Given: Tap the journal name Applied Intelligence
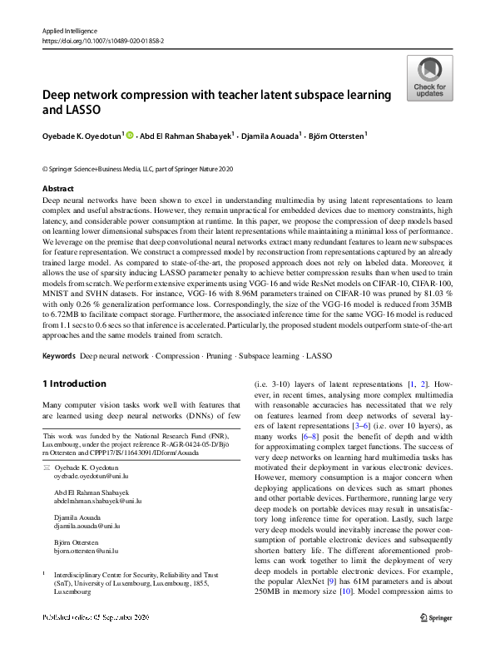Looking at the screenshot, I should click(x=68, y=29).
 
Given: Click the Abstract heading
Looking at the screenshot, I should click(x=57, y=189).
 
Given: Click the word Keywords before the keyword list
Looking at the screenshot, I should click(x=57, y=355).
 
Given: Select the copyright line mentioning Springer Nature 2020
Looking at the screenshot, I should click(x=137, y=169).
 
